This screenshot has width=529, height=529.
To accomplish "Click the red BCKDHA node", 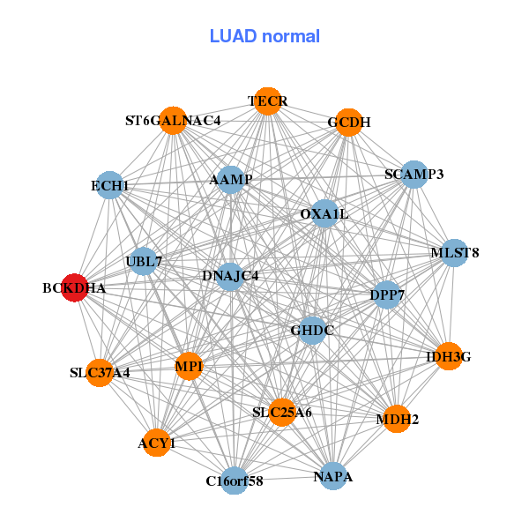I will click(75, 287).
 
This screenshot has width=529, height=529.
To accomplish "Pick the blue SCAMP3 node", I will click(413, 175).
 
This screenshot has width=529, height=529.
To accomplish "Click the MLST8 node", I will click(454, 253).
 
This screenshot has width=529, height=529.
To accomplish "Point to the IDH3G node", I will click(449, 356).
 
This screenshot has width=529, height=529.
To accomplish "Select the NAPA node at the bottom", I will click(332, 476).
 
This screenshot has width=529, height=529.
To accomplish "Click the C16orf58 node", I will click(234, 481).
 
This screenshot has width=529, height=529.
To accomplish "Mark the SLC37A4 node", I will click(100, 372).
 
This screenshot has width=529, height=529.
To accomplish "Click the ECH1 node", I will click(109, 186).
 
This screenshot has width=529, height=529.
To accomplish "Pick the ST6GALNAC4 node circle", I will click(173, 121).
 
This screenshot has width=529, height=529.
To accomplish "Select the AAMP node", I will click(230, 180).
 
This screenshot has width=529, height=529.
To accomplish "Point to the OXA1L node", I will click(324, 213).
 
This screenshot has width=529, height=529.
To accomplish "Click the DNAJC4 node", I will click(229, 276).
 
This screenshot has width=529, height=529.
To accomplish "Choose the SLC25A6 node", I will click(281, 412).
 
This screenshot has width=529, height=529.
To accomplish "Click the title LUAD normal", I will click(264, 36).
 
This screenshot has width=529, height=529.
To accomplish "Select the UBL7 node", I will click(143, 261).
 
